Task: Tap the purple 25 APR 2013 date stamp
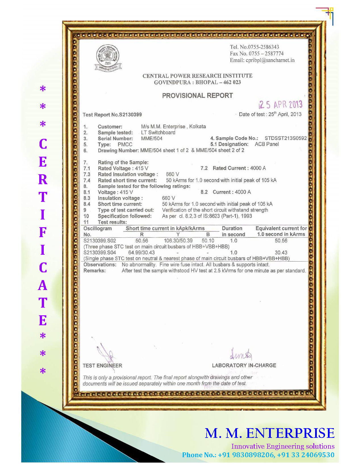(280, 105)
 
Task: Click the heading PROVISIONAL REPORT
(197, 96)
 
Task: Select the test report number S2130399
(130, 115)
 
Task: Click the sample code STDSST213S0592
(286, 138)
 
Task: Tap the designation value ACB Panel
(267, 144)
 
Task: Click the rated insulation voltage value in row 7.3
(172, 174)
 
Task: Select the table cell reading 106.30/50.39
(178, 241)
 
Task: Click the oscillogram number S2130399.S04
(100, 252)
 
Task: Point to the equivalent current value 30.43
(281, 252)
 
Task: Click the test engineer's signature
(106, 354)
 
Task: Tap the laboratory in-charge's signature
(241, 354)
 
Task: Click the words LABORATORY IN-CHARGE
(244, 365)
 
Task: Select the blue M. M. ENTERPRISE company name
(269, 433)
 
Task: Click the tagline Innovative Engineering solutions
(283, 446)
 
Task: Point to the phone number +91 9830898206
(246, 455)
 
